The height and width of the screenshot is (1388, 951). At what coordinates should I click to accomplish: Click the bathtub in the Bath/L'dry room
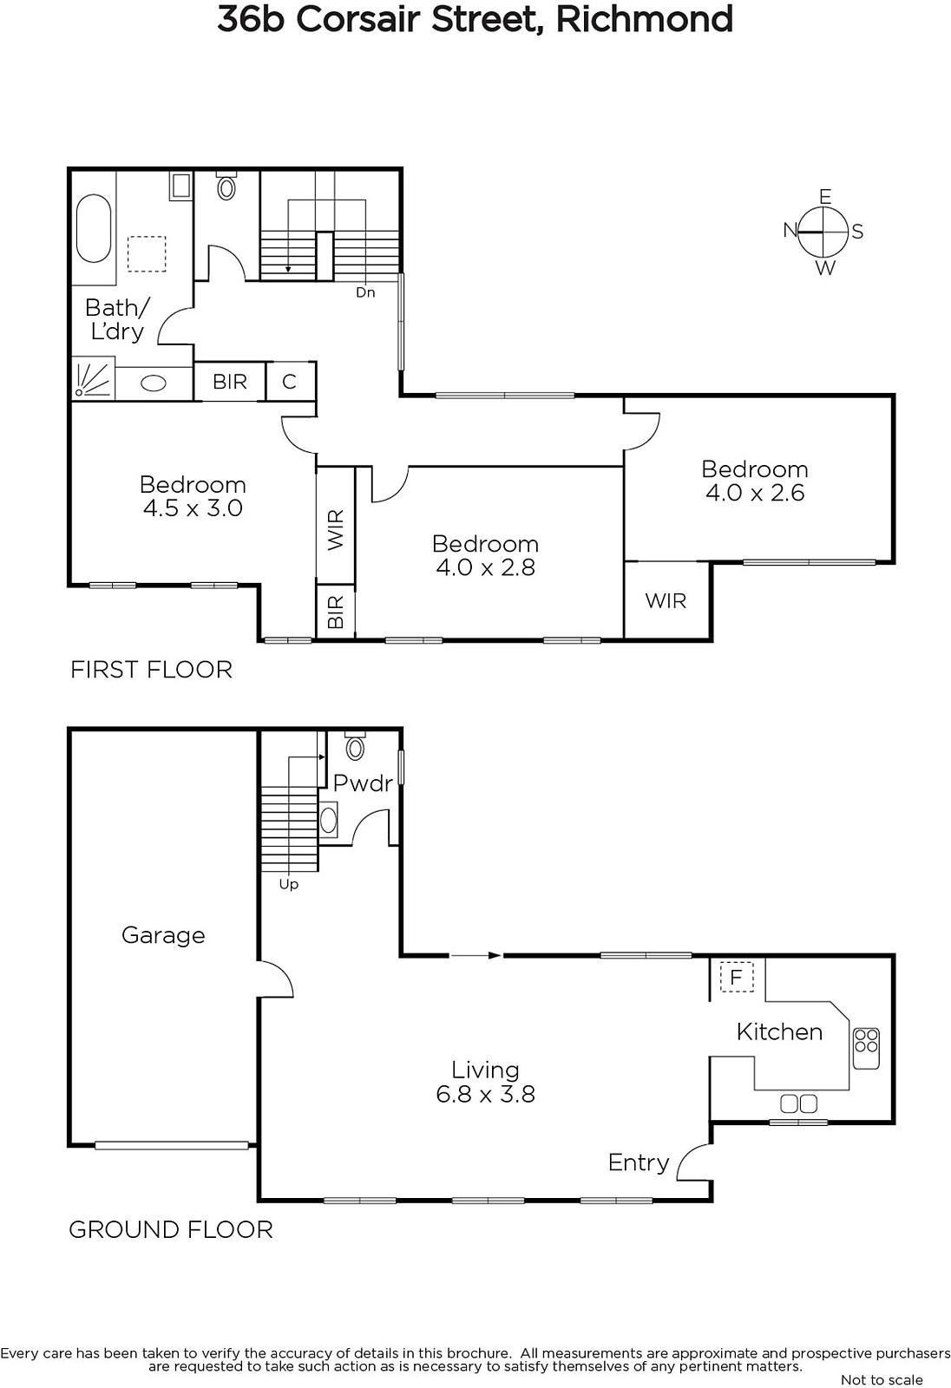(94, 229)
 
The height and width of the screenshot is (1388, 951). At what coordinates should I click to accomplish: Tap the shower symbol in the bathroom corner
(93, 377)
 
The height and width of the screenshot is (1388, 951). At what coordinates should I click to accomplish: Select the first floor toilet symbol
(226, 186)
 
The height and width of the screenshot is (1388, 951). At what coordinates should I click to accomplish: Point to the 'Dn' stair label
(365, 292)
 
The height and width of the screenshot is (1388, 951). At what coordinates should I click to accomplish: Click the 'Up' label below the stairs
(288, 885)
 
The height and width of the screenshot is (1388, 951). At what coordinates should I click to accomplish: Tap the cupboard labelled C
(290, 382)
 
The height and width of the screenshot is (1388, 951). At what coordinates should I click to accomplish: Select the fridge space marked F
(736, 978)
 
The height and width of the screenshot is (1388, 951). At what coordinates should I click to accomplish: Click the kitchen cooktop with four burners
(866, 1048)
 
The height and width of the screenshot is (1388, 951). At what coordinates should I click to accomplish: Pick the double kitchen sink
(798, 1103)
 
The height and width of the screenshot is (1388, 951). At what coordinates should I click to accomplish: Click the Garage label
(163, 936)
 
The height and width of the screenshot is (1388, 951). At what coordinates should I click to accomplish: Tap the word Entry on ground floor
(639, 1162)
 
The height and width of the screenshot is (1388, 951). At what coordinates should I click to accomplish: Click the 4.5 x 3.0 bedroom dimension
(193, 508)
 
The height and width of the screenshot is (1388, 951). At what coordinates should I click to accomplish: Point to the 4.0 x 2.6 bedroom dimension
(755, 494)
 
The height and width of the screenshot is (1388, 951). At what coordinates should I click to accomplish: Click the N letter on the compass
(790, 231)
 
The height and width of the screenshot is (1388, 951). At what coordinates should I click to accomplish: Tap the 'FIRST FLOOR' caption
(151, 670)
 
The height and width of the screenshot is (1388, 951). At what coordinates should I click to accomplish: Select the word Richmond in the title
(645, 19)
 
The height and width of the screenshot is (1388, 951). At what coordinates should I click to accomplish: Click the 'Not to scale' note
(882, 1380)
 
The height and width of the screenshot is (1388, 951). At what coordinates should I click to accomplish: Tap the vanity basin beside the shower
(154, 383)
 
